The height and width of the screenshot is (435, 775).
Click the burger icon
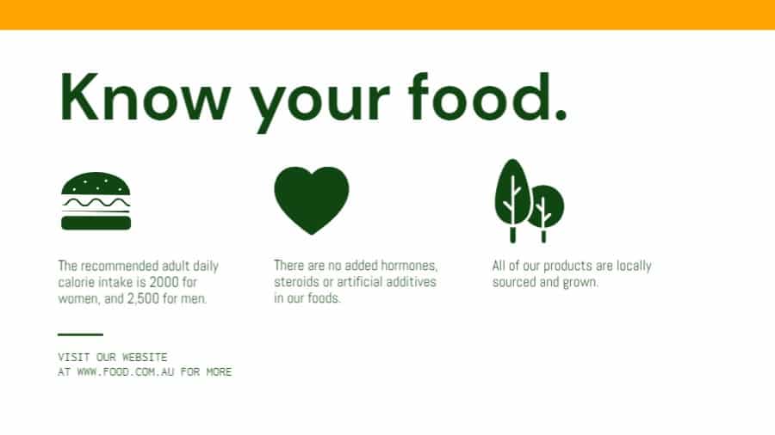[x=96, y=201]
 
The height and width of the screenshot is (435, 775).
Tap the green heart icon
[x=312, y=199]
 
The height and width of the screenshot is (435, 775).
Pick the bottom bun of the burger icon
[x=96, y=223]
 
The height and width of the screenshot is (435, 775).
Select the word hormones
[x=409, y=266]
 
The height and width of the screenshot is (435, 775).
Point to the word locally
[x=633, y=266]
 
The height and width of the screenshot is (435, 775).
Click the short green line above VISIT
[x=80, y=334]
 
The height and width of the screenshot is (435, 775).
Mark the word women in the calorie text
[x=77, y=299]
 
